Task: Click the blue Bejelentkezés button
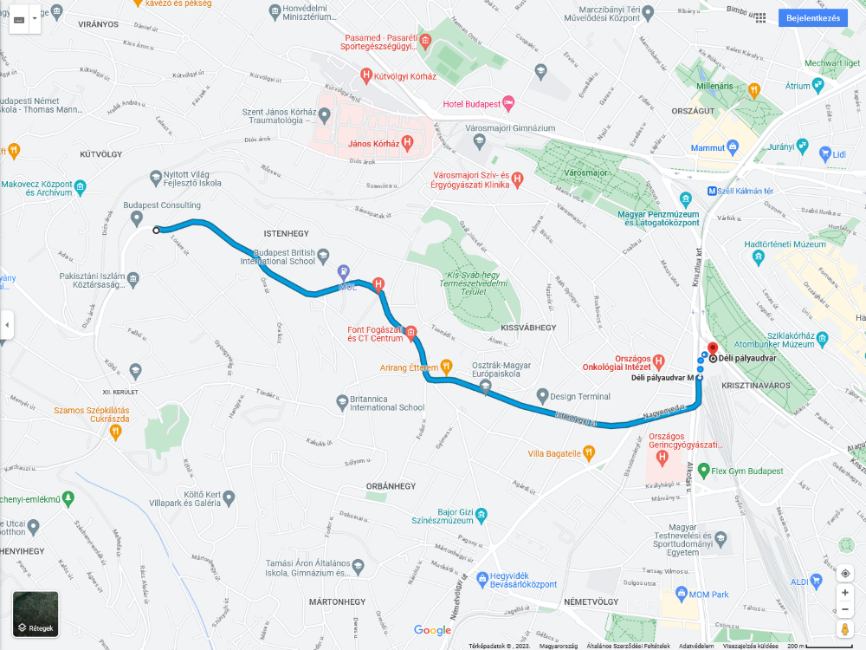(x=812, y=18)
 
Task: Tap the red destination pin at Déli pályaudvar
(x=712, y=349)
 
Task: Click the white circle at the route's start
(x=156, y=230)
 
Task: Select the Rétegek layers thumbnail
(x=36, y=614)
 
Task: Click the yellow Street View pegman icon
(x=845, y=628)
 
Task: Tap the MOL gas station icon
(x=344, y=272)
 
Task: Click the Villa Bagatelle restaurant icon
(x=589, y=452)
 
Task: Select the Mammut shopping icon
(x=733, y=147)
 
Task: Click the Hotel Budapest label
(x=472, y=104)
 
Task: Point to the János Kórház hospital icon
(x=407, y=144)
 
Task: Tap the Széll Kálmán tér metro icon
(x=711, y=192)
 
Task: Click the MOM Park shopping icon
(x=681, y=595)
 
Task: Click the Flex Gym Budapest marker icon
(x=703, y=472)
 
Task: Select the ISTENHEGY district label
(x=286, y=233)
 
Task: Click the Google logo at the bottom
(x=432, y=630)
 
